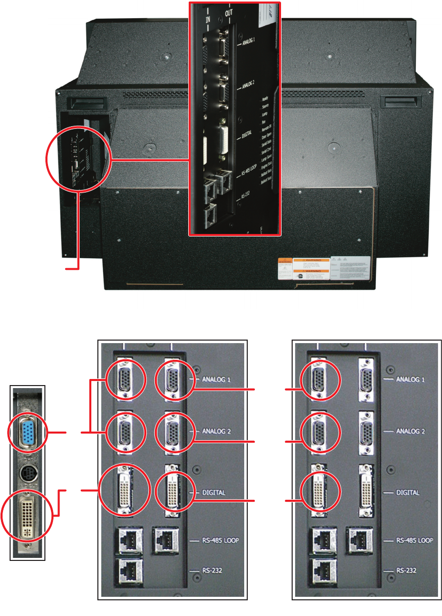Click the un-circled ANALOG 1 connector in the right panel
tap(366, 378)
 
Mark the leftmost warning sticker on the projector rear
tap(285, 269)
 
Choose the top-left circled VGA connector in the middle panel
tap(125, 378)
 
